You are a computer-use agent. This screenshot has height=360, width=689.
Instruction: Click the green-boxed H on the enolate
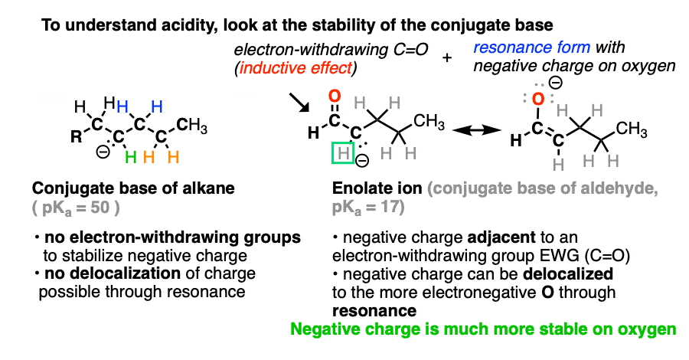pos(343,153)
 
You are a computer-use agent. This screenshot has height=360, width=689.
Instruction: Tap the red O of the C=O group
pos(335,96)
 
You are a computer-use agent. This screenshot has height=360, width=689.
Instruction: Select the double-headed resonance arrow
pos(477,130)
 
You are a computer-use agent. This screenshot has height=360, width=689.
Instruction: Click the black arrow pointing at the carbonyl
pos(299,103)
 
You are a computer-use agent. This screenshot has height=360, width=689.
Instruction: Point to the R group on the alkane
pos(76,138)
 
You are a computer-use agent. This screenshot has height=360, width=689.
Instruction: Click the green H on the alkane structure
pos(130,157)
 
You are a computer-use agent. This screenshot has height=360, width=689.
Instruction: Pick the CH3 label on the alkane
pos(191,126)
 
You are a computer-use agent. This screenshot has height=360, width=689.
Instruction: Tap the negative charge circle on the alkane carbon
pos(103,152)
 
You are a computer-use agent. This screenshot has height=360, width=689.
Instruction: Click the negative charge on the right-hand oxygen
pos(556,83)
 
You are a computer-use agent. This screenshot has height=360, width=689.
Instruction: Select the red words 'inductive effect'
pos(296,67)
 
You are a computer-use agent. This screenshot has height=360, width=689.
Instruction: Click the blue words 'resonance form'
pos(532,47)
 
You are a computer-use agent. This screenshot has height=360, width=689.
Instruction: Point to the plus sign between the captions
pos(447,57)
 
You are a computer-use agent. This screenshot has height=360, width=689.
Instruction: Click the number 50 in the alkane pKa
pos(100,208)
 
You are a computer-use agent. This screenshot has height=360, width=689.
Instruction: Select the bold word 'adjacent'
pos(501,237)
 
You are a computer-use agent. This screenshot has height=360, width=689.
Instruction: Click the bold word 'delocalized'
pos(568,274)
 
